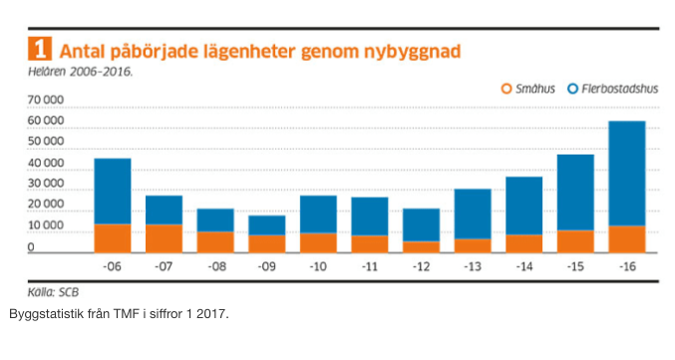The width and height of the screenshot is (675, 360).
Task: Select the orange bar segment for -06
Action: click(x=113, y=237)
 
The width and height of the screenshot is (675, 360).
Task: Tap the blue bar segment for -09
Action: click(x=267, y=225)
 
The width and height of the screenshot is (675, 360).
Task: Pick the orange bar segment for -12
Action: click(x=422, y=246)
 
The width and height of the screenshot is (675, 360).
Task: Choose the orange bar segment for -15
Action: click(x=575, y=240)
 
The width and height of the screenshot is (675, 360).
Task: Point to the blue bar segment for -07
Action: click(x=164, y=209)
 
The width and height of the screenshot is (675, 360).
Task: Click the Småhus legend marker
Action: click(x=506, y=89)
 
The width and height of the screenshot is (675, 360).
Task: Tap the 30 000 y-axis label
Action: click(x=47, y=185)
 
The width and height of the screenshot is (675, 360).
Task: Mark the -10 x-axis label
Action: click(x=318, y=268)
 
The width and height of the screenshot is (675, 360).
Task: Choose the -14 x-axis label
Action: click(x=524, y=268)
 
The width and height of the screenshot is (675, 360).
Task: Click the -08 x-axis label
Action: click(x=215, y=268)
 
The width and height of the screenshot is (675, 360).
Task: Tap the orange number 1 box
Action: click(x=41, y=49)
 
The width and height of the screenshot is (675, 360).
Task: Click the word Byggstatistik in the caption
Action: click(x=44, y=315)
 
